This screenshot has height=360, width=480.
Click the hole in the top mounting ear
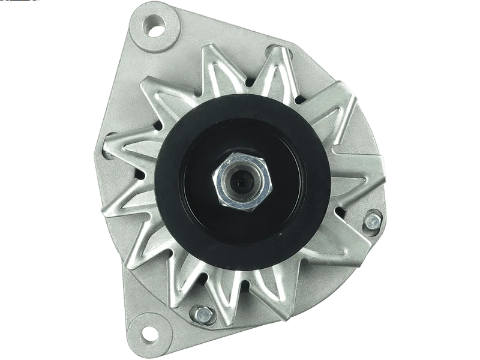(x=155, y=26)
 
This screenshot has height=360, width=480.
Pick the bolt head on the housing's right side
(x=372, y=220)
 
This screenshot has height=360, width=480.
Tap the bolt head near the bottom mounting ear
(x=203, y=313)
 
